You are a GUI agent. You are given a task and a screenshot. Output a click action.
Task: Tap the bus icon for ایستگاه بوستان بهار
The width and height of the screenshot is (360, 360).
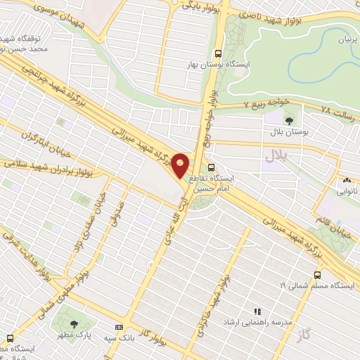point(218,53)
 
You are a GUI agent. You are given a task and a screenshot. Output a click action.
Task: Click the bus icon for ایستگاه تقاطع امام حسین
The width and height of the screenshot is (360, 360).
point(211,167)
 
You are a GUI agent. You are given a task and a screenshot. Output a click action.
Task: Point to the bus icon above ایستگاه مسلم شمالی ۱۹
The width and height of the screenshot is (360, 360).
point(318,274)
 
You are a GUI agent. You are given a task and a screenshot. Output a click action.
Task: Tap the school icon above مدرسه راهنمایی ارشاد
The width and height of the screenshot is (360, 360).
point(257,311)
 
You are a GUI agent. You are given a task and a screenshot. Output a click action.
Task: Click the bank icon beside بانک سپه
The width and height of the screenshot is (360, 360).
point(118,328)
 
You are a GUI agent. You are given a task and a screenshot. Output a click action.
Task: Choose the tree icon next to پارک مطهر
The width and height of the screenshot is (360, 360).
point(75,324)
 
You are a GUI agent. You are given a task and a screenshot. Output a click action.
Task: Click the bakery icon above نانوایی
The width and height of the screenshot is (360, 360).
point(346,181)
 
